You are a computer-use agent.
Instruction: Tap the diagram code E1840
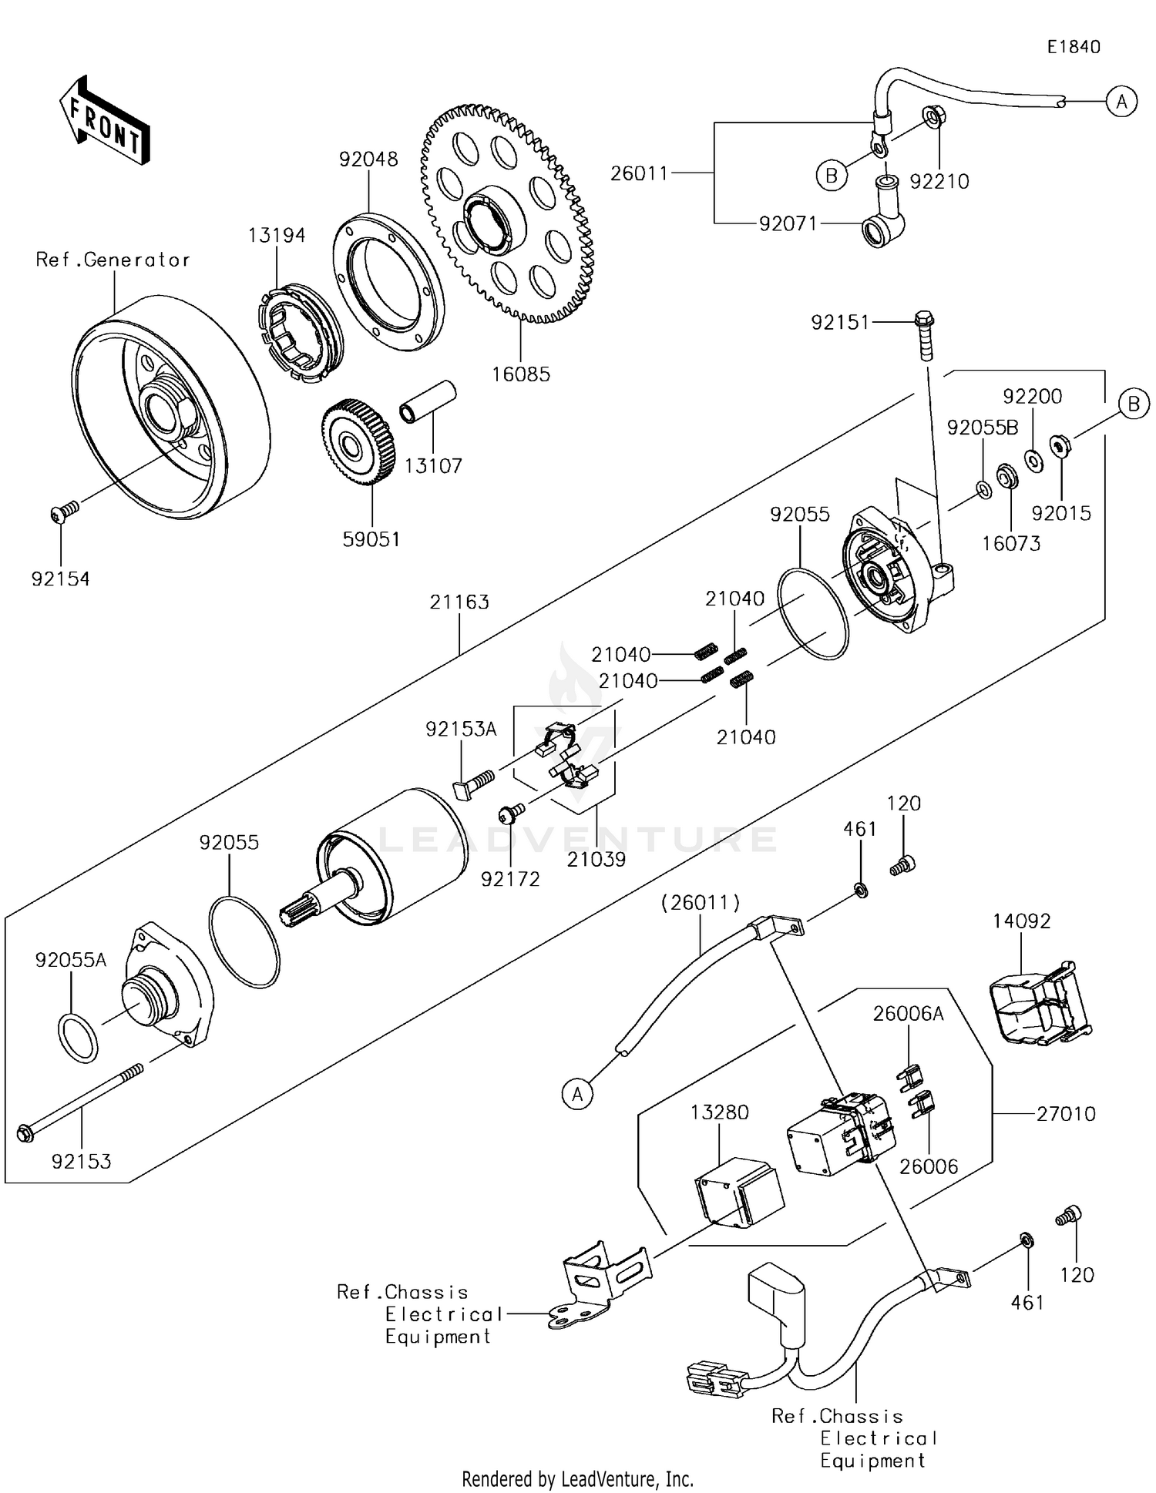point(1074,47)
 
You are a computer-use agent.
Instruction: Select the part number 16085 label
point(522,374)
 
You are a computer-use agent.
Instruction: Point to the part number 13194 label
point(277,235)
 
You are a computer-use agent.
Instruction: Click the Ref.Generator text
point(113,260)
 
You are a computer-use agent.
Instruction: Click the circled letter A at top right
point(1121,101)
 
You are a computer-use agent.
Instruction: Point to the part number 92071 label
point(788,223)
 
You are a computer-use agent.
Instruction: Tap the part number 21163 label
point(459,602)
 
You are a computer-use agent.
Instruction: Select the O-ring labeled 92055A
point(78,1038)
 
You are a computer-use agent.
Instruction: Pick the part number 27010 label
point(1065,1113)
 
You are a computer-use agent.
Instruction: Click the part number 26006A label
point(908,1014)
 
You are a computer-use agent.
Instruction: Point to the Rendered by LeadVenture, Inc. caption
point(577,1478)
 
